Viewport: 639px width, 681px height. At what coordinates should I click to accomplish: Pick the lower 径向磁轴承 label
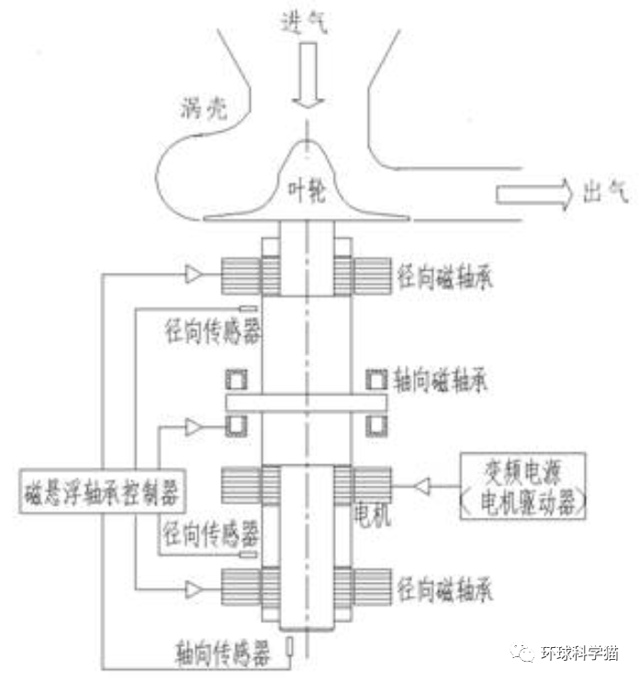tap(444, 588)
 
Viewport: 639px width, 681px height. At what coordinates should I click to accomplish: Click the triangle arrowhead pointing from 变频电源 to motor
tap(422, 484)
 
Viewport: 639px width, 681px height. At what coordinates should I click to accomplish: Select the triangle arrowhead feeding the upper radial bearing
tap(193, 273)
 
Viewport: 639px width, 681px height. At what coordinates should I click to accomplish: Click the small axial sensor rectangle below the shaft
tap(291, 647)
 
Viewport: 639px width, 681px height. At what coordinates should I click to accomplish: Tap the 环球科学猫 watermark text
tap(579, 653)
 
